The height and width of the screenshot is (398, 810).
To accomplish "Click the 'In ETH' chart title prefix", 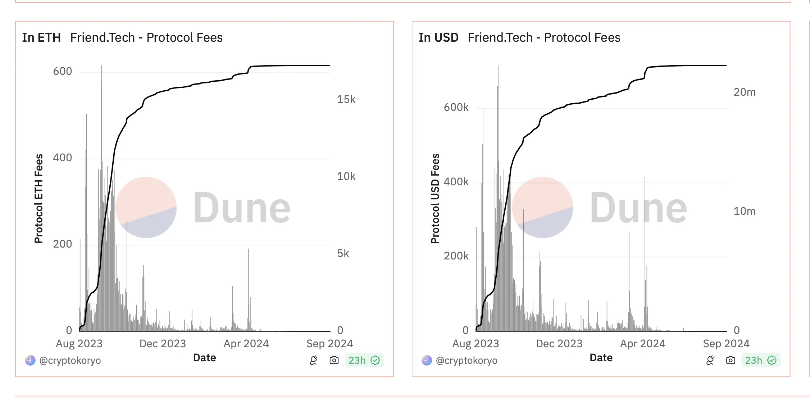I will click(x=41, y=37).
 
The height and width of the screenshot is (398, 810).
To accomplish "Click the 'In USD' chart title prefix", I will click(x=438, y=37).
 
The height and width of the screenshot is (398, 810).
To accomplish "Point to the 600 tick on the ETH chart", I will click(x=62, y=71).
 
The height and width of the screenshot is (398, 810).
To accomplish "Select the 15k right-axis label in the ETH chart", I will click(x=346, y=99).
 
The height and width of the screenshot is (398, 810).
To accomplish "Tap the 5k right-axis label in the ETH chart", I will click(x=343, y=253).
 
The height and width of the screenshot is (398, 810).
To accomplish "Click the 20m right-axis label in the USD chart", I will click(x=744, y=92).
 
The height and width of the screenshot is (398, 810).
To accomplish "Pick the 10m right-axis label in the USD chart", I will click(x=744, y=211).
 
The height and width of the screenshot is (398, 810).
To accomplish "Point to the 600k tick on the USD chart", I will click(x=456, y=107).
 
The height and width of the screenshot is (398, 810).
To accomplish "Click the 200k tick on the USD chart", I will click(x=456, y=256).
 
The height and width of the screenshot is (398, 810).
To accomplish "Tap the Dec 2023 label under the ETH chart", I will click(x=163, y=344).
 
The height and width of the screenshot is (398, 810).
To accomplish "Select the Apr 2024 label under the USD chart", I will click(x=642, y=344).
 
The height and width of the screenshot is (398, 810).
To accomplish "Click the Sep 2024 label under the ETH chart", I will click(x=329, y=344).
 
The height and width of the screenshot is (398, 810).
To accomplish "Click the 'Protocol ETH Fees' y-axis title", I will click(x=38, y=199).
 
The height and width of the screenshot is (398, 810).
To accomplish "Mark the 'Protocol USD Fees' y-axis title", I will click(x=435, y=199).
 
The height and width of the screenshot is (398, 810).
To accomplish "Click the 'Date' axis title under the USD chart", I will click(x=601, y=358).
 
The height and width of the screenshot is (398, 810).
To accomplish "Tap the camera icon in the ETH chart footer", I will click(x=334, y=360).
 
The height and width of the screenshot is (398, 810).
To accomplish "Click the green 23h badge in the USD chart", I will click(x=760, y=360).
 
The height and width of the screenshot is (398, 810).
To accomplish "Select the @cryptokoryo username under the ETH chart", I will click(x=70, y=361).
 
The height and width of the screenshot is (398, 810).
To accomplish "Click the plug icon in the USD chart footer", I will click(x=710, y=360).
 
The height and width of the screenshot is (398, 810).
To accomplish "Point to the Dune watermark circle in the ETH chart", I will click(x=146, y=207).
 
